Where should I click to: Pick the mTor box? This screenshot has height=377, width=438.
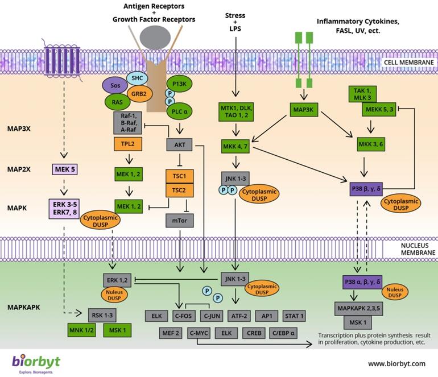[180, 218]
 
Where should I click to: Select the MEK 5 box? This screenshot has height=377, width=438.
[66, 169]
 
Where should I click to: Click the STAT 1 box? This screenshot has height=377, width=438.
[294, 316]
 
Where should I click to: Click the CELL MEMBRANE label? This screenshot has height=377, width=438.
[408, 63]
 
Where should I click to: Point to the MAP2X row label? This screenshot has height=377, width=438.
[20, 169]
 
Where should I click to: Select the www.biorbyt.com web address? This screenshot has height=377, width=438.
[396, 363]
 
